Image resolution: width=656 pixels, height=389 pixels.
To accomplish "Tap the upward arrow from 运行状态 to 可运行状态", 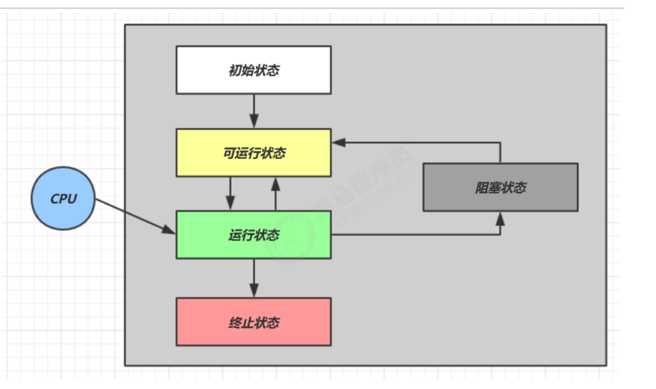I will (x=275, y=194).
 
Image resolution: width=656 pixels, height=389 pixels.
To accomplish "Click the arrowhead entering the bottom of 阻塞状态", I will (x=500, y=218).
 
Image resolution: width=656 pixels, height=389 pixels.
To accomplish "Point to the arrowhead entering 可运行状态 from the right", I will (x=338, y=142).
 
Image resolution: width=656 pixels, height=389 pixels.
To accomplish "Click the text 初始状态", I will (x=254, y=70).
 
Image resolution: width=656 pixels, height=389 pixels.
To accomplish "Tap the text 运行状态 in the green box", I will (x=254, y=235).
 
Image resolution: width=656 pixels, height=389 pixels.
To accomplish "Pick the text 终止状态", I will (x=254, y=322).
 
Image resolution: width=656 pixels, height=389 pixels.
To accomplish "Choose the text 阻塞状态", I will (x=500, y=187).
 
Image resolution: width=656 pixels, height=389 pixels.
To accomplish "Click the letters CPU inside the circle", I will (x=63, y=199).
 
